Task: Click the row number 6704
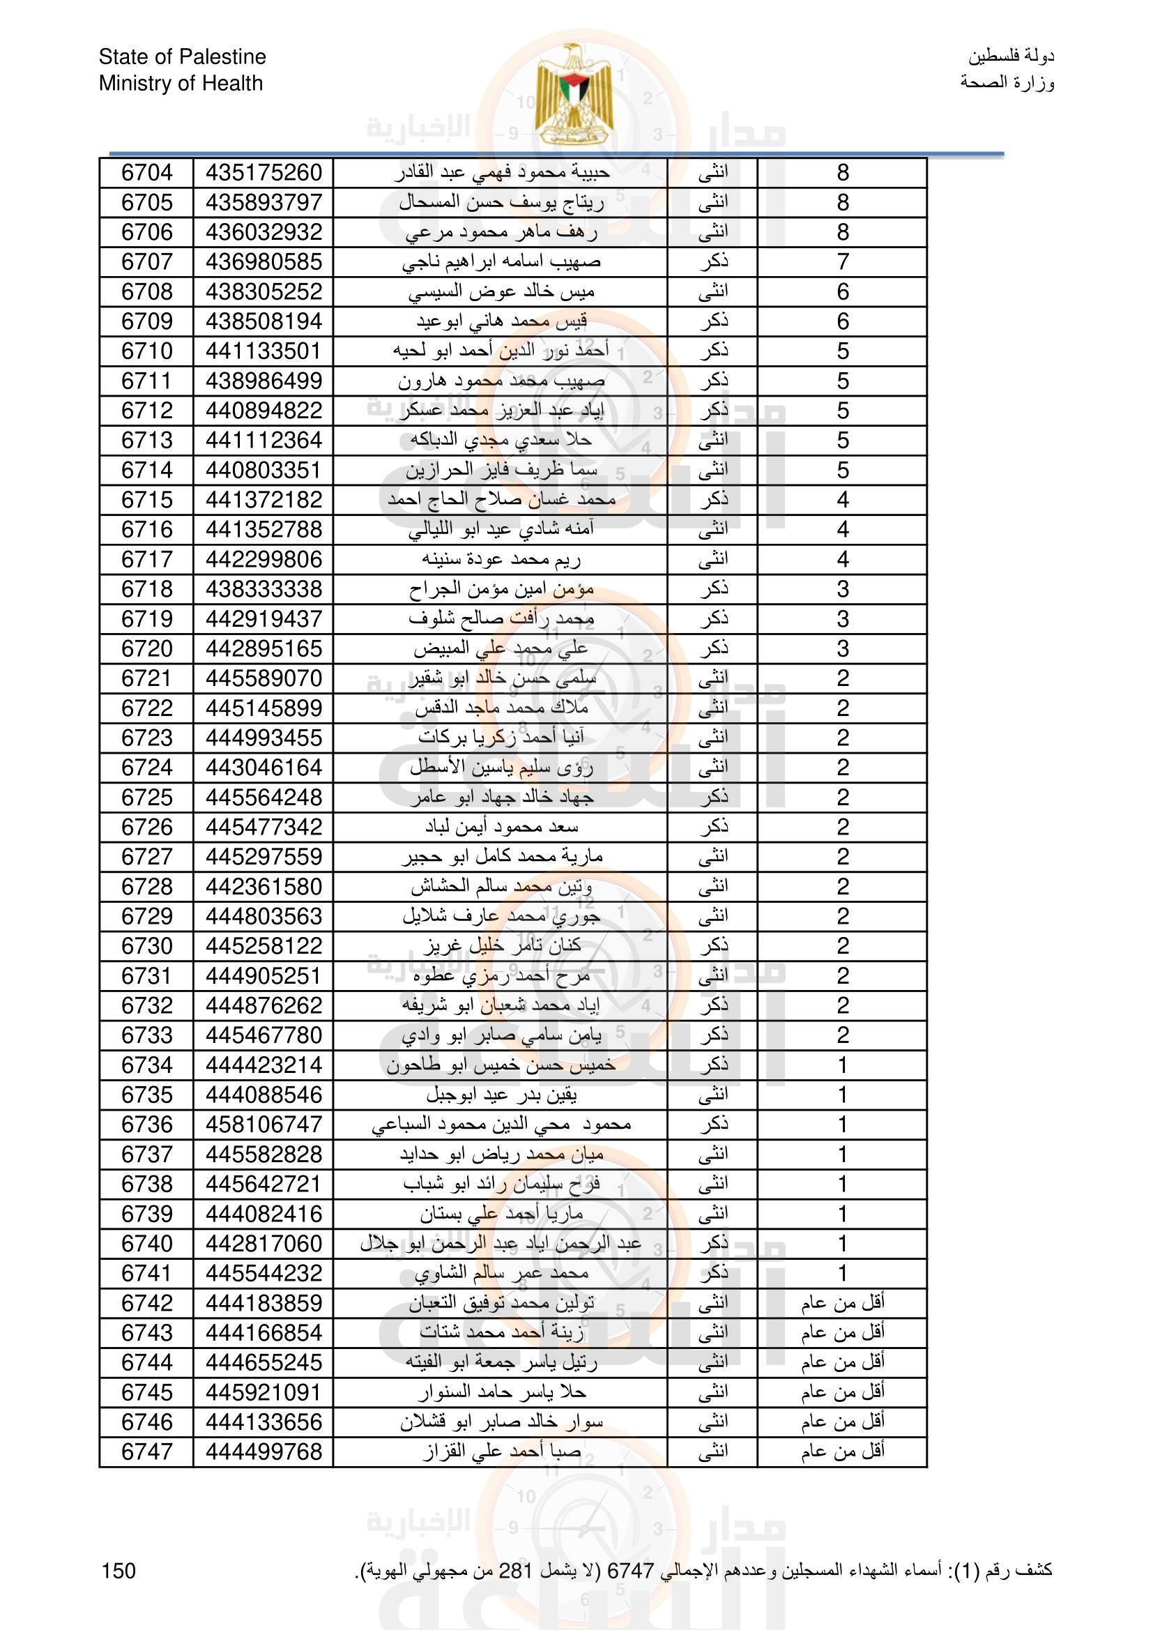click(x=147, y=172)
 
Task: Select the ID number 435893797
click(x=264, y=202)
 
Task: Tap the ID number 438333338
click(x=264, y=589)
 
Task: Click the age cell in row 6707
click(x=842, y=262)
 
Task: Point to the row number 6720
click(x=147, y=649)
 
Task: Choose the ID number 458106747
click(x=264, y=1125)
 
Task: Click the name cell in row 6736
click(x=501, y=1125)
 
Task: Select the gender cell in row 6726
click(x=713, y=827)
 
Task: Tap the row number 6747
click(x=147, y=1452)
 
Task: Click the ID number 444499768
click(x=264, y=1452)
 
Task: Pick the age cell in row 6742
click(x=842, y=1303)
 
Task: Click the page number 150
click(x=119, y=1571)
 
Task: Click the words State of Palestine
click(x=183, y=56)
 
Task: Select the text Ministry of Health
click(x=181, y=83)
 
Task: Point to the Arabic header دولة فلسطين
click(x=1011, y=56)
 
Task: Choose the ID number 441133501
click(x=264, y=351)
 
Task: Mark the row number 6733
click(x=147, y=1035)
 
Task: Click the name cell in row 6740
click(x=501, y=1243)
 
